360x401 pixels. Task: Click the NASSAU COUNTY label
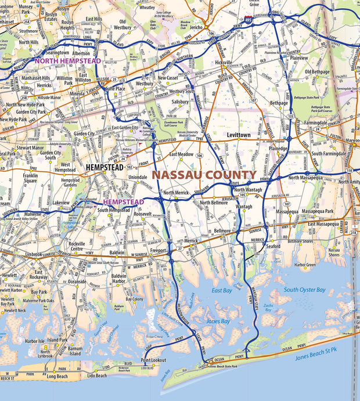tap(204, 175)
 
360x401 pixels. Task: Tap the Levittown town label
tap(238, 135)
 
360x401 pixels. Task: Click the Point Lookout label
tap(153, 360)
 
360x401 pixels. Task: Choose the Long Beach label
tap(58, 376)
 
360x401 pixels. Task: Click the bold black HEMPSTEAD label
tap(107, 167)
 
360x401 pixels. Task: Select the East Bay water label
tap(222, 290)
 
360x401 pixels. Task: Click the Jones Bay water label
tap(218, 321)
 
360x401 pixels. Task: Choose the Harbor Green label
tap(305, 265)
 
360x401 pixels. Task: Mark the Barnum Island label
tap(75, 351)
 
